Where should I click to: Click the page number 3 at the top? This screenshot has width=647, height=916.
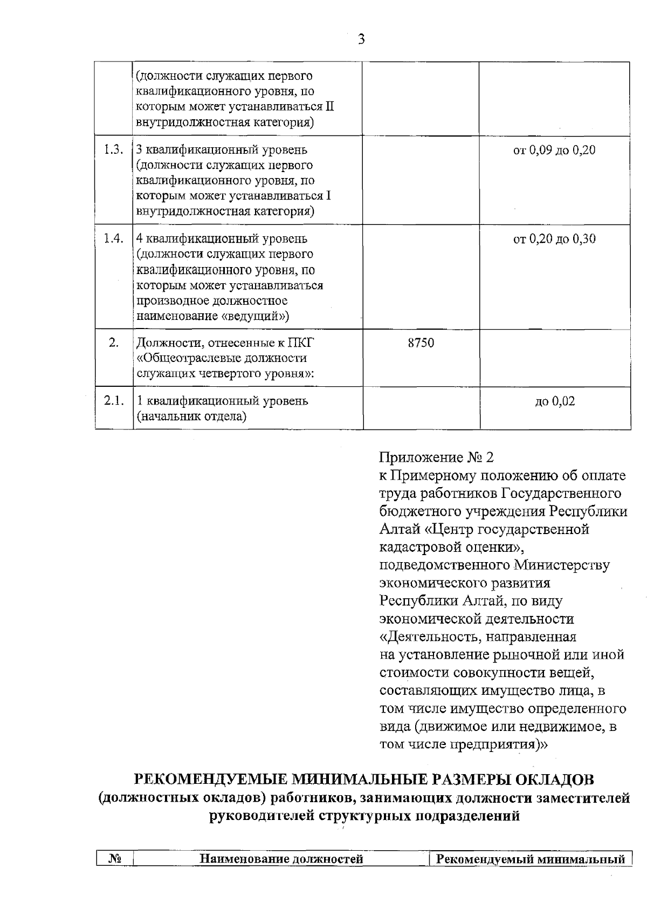[362, 39]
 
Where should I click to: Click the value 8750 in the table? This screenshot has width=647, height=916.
[421, 343]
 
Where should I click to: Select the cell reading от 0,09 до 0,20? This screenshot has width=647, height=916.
[554, 151]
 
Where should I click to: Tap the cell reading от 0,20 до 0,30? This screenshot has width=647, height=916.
[554, 239]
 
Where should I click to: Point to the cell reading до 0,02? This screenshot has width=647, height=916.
[555, 401]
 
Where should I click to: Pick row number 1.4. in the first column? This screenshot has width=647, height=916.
[114, 238]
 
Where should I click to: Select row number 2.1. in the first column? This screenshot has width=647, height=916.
[114, 401]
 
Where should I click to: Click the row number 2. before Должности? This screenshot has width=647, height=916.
[114, 343]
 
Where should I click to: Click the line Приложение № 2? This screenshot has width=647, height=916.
[437, 458]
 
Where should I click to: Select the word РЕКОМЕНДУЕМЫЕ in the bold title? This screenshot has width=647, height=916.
[210, 780]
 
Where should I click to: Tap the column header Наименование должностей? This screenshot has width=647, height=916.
[281, 859]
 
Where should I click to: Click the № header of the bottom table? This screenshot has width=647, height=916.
[114, 859]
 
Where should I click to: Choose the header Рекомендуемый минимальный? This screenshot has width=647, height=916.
[531, 859]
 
